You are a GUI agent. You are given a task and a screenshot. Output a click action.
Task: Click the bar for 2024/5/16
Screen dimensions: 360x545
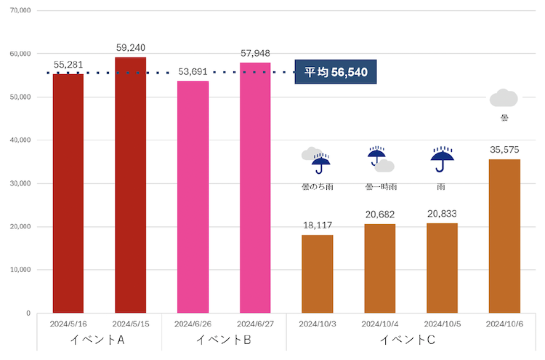pyautogui.click(x=68, y=193)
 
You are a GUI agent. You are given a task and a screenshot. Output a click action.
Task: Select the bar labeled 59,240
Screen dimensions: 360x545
pyautogui.click(x=131, y=185)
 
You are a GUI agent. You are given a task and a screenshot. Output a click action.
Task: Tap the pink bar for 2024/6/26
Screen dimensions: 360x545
pyautogui.click(x=193, y=197)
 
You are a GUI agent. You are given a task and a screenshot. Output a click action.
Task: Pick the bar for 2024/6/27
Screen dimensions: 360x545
pyautogui.click(x=255, y=188)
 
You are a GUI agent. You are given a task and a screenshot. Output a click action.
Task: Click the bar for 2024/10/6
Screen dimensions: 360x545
pyautogui.click(x=504, y=236)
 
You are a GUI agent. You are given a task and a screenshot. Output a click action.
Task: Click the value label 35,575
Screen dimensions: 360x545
pyautogui.click(x=504, y=150)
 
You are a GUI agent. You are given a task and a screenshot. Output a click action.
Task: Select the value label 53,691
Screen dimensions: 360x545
pyautogui.click(x=193, y=72)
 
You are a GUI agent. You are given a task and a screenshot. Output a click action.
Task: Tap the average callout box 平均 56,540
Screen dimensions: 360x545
pyautogui.click(x=336, y=72)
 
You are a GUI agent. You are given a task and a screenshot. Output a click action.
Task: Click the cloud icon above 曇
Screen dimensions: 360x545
pyautogui.click(x=504, y=98)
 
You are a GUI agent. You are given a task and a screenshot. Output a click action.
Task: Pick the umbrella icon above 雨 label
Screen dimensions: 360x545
pyautogui.click(x=442, y=159)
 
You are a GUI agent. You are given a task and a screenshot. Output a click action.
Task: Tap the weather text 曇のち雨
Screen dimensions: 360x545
pyautogui.click(x=318, y=187)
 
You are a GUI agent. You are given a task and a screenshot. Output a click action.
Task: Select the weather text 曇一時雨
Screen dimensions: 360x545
pyautogui.click(x=380, y=187)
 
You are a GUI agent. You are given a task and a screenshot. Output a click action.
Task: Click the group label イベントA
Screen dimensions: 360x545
pyautogui.click(x=100, y=340)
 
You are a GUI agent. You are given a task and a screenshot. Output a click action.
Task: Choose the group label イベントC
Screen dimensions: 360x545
pyautogui.click(x=411, y=340)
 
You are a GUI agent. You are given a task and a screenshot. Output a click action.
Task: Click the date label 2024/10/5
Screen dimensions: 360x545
pyautogui.click(x=442, y=323)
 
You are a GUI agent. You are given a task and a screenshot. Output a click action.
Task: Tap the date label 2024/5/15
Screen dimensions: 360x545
pyautogui.click(x=131, y=323)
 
